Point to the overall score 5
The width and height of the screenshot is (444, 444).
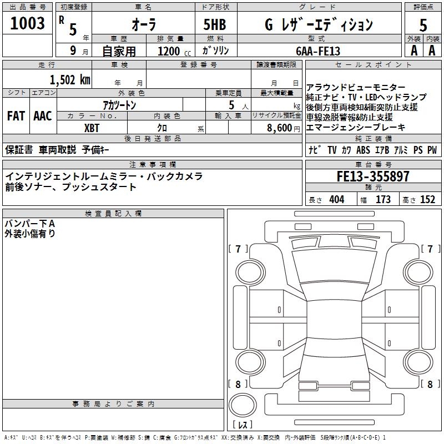point(423,25)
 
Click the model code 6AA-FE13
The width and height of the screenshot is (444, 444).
point(318,51)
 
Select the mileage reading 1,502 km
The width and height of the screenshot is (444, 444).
point(69,79)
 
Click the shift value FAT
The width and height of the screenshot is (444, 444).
point(16,116)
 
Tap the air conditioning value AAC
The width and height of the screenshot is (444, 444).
point(43,116)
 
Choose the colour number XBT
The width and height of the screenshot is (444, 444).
point(92,128)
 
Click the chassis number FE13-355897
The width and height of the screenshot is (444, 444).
point(373,177)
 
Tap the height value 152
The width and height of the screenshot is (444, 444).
point(427,200)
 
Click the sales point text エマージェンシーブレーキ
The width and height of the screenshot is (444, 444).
point(355,127)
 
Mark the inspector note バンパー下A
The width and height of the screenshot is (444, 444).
point(31,223)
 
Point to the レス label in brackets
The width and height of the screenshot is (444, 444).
point(242,425)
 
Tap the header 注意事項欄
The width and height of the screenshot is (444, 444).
point(152,164)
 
